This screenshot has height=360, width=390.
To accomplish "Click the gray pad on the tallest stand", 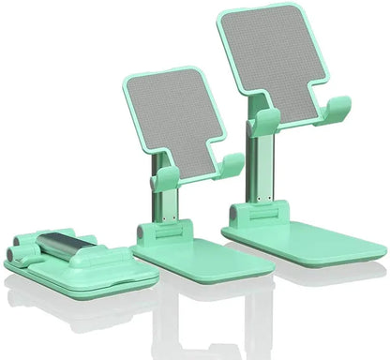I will click(x=275, y=62).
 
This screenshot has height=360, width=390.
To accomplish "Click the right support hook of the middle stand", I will click(x=231, y=166).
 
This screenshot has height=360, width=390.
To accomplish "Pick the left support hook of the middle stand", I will click(x=166, y=179).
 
